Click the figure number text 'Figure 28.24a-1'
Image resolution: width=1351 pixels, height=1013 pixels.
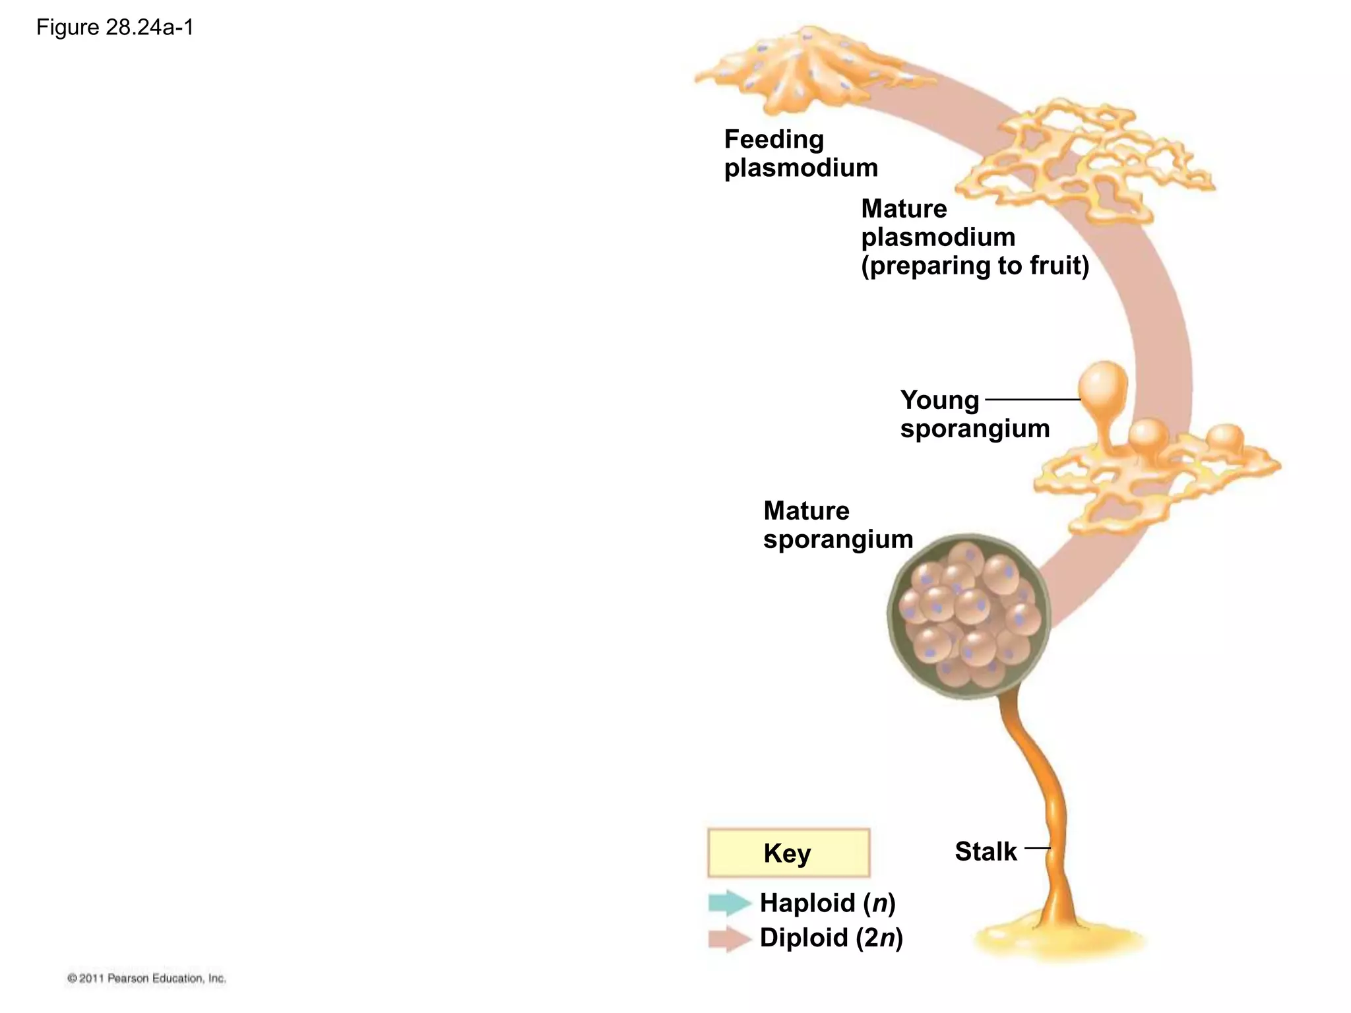(x=115, y=28)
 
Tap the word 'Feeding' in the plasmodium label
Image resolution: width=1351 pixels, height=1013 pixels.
(x=774, y=140)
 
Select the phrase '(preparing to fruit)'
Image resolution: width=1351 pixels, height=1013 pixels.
(x=975, y=266)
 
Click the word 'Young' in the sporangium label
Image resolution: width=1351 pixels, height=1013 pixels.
(x=939, y=400)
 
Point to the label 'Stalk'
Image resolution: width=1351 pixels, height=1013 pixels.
(x=986, y=851)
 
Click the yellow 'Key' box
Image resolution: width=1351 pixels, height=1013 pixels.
(x=788, y=853)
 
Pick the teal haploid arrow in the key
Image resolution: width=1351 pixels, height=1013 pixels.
(x=729, y=903)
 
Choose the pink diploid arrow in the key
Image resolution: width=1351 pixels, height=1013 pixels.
(x=729, y=938)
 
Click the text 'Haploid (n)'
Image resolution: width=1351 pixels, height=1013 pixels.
(x=828, y=903)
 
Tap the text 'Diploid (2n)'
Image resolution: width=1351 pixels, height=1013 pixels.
(x=831, y=938)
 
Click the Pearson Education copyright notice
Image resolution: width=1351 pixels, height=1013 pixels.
(x=146, y=979)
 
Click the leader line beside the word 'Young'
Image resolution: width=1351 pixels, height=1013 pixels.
(x=1032, y=400)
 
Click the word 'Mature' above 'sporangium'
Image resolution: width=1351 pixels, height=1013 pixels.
(x=806, y=511)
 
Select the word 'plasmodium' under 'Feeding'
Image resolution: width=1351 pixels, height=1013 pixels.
(x=801, y=168)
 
